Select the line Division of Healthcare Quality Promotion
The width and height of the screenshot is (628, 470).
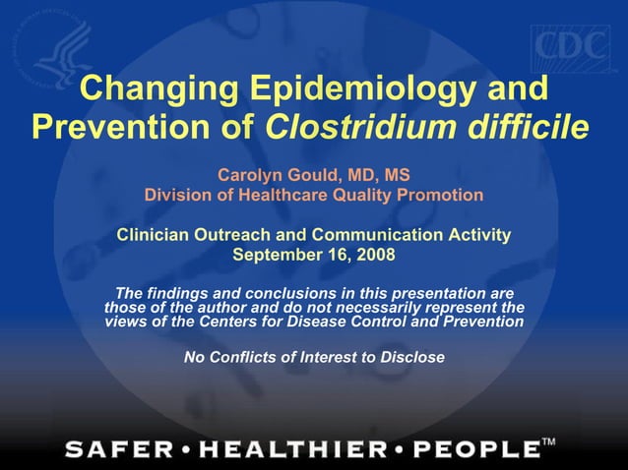[x=314, y=195]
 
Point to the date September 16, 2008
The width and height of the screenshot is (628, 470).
[x=313, y=255]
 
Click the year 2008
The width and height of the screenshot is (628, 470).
[x=375, y=255]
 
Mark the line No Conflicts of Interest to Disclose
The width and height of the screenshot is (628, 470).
[x=314, y=356]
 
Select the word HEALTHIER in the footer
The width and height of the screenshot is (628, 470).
[x=295, y=450]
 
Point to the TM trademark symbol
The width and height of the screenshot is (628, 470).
[x=549, y=443]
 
